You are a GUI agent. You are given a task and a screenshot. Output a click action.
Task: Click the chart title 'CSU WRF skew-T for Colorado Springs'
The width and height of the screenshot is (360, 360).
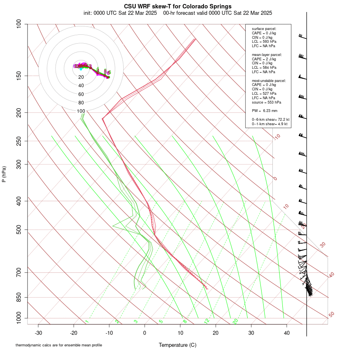(x=178, y=6)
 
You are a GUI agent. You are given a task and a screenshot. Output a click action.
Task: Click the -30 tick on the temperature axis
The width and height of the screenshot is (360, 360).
(x=38, y=332)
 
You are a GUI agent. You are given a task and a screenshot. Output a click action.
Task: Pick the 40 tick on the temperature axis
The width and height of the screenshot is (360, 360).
(x=287, y=332)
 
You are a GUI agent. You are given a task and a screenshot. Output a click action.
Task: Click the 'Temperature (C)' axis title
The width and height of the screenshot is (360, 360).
(x=178, y=345)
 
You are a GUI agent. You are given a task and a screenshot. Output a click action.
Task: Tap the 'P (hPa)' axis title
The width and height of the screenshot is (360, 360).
(x=4, y=174)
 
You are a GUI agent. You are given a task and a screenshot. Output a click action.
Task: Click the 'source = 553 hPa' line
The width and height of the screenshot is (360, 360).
(x=266, y=102)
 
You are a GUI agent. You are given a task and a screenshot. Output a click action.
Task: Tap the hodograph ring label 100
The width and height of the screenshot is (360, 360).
(x=81, y=111)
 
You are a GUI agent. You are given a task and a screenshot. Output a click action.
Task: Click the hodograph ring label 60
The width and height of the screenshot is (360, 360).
(x=81, y=94)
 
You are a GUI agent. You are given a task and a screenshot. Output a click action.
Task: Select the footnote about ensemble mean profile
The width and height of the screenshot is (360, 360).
(x=59, y=345)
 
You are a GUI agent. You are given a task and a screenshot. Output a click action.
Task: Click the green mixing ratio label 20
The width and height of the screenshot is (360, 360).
(x=235, y=321)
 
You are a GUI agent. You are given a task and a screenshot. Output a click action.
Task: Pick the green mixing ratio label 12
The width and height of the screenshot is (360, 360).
(x=207, y=321)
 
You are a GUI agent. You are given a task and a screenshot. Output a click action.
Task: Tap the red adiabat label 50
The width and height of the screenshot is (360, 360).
(x=331, y=315)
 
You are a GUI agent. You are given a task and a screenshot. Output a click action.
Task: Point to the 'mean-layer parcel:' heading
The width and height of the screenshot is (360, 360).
(x=267, y=55)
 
